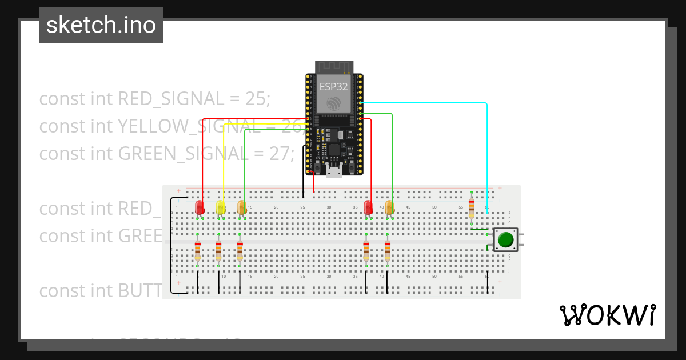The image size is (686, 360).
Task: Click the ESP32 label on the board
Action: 333,87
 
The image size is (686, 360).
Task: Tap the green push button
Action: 505,239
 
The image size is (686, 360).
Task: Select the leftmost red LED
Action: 200,207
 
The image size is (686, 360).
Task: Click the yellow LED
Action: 221,207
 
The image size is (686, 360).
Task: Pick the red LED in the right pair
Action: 369,207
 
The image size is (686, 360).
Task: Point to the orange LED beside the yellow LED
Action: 241,207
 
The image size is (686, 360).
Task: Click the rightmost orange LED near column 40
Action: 389,207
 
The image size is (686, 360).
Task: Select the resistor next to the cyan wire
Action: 471,208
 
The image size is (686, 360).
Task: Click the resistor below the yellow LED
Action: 218,250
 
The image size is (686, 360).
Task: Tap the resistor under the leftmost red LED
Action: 198,250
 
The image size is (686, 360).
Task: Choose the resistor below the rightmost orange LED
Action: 388,250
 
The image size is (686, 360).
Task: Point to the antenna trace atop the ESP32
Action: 333,67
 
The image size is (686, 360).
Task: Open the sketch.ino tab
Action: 101,25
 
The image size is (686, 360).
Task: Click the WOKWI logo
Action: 607,315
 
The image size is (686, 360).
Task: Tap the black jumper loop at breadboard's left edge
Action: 171,246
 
